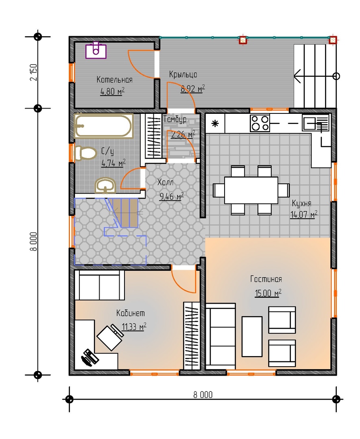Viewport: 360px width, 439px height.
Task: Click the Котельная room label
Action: tap(114, 80)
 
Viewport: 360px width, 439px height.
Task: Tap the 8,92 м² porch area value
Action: tap(192, 89)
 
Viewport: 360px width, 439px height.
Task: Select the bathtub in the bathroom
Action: tap(103, 126)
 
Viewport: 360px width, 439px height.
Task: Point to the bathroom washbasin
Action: tap(105, 186)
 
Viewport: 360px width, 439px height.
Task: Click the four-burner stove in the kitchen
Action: tap(260, 123)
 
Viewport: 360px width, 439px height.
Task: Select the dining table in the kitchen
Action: tap(251, 190)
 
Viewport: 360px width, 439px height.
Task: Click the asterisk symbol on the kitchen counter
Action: tap(215, 124)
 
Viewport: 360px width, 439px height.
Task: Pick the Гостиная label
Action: tap(266, 279)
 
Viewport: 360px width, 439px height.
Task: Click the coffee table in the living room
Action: tap(252, 336)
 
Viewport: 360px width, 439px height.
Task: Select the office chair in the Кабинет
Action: tap(109, 337)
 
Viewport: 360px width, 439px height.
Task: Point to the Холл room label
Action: tap(165, 183)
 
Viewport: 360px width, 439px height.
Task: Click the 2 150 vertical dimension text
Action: tap(33, 72)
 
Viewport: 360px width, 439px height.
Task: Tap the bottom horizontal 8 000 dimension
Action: tap(203, 395)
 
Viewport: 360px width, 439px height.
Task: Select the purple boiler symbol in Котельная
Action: tap(96, 50)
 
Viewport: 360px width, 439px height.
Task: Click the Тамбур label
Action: tap(175, 120)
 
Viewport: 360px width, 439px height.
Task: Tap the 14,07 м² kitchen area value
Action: tap(304, 215)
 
